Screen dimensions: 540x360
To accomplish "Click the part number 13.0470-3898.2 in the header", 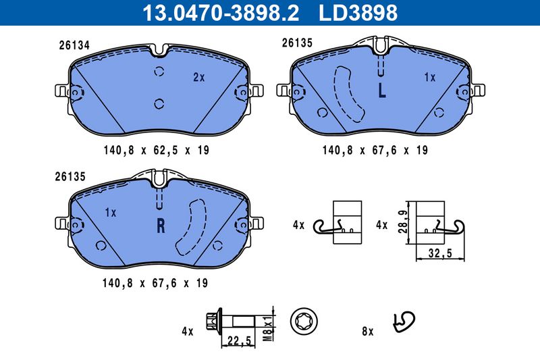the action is click(221, 13).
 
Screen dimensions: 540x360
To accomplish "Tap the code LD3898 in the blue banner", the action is click(358, 13).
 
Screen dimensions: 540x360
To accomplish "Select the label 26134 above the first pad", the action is click(74, 45).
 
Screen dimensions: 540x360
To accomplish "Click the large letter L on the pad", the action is click(381, 91).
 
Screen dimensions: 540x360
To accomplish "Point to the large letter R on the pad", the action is click(161, 226).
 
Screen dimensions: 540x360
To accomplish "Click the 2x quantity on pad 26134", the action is click(198, 78).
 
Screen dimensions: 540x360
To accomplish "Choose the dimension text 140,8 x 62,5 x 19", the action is click(157, 150).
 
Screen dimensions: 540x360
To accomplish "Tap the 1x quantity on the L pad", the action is click(430, 78).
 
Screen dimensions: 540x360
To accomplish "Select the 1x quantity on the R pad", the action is click(111, 213).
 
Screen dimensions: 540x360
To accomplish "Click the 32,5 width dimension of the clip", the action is click(440, 253).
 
